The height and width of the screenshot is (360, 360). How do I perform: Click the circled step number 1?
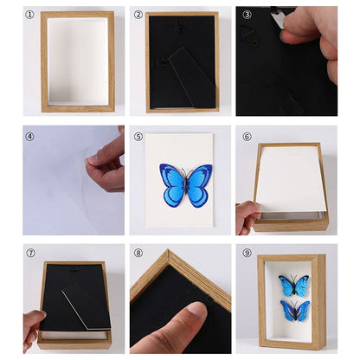point(30,15)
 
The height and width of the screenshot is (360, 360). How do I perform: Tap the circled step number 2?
point(138,15)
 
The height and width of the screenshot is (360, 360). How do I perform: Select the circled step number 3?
point(247,15)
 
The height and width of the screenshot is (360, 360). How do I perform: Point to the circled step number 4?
point(30,136)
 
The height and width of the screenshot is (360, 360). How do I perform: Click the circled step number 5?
point(138,136)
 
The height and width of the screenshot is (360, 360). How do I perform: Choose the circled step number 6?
point(247,136)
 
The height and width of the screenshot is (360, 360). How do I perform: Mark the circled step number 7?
point(30,254)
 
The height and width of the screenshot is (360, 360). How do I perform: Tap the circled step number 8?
point(138,254)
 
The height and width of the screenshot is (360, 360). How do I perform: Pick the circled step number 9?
point(247,254)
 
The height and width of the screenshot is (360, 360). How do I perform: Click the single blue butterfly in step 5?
point(185,183)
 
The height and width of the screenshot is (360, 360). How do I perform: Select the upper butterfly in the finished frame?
point(293,285)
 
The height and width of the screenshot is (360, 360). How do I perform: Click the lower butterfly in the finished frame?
point(294,310)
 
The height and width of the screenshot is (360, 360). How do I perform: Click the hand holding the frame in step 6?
point(247,216)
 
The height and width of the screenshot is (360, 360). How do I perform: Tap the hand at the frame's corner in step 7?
point(33,327)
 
